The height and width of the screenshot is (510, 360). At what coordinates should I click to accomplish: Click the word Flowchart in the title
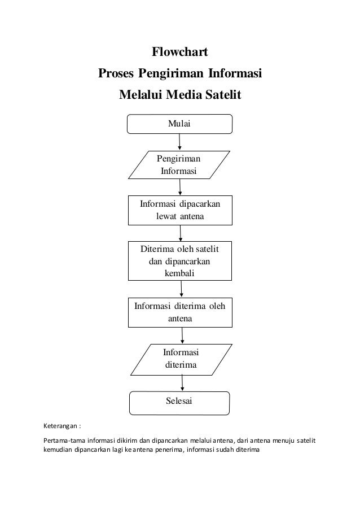point(180,53)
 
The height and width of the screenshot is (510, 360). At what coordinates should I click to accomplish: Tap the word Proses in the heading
point(117,74)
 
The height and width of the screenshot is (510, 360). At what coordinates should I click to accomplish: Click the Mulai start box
point(179,124)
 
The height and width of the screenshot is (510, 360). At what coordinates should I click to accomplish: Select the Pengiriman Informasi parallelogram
point(179,164)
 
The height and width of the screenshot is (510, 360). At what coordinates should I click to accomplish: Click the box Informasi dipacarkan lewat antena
point(180,210)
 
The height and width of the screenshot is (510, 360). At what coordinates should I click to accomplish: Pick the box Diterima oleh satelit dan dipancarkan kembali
point(180,261)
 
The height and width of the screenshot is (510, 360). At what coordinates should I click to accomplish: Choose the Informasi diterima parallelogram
point(181,359)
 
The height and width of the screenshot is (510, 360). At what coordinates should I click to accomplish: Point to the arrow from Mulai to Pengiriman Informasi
point(179,142)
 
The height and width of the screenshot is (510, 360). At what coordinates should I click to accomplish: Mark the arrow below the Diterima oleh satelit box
point(181,289)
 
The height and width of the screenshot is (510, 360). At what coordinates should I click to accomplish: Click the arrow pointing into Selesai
point(182,383)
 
